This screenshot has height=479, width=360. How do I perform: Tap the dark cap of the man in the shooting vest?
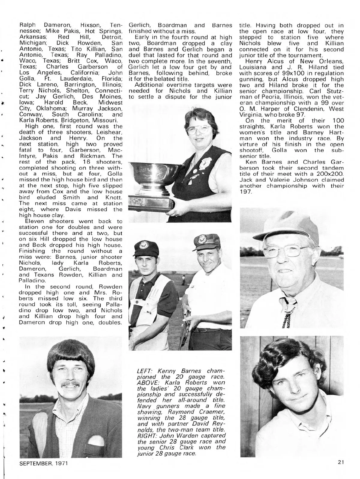click(x=146, y=248)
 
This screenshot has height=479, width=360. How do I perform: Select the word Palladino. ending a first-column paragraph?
click(x=32, y=281)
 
